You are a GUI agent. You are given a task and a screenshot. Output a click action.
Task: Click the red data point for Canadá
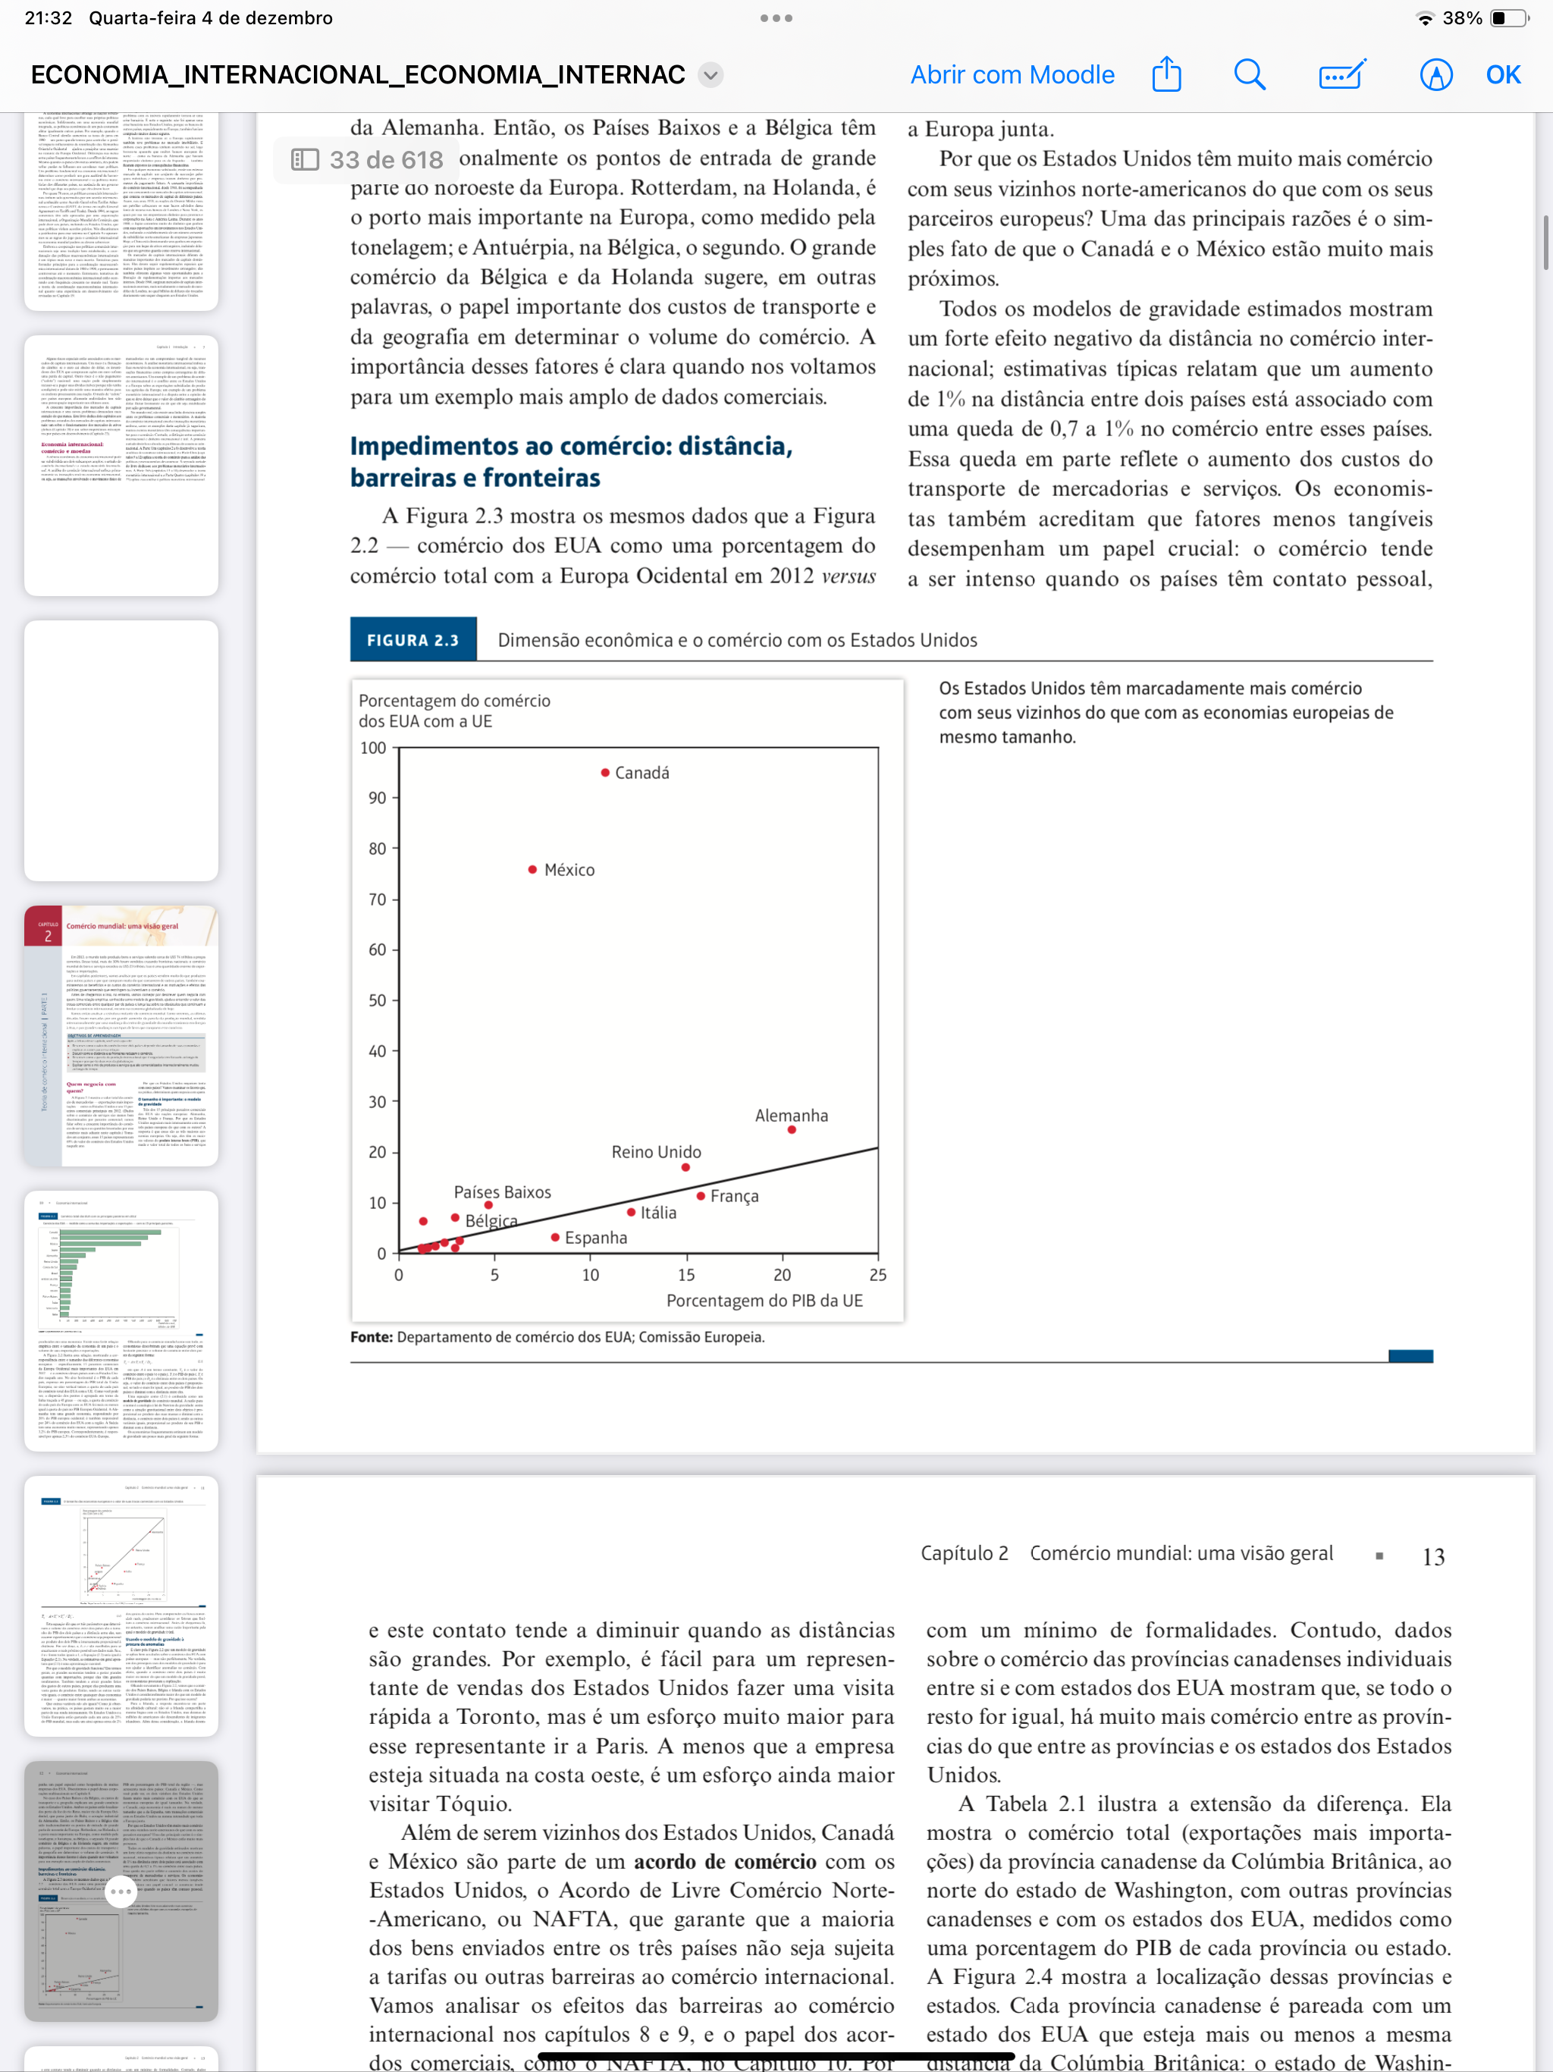pos(605,773)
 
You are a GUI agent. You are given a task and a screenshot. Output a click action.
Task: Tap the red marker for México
pos(532,869)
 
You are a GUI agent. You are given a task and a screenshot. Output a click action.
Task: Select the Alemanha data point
pos(792,1130)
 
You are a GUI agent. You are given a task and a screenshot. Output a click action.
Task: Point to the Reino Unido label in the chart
pos(656,1152)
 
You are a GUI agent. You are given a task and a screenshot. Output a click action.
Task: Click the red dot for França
pos(701,1196)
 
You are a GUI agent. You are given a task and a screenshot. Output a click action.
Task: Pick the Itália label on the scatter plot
pos(658,1213)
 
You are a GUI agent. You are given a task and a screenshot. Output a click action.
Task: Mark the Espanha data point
pos(555,1238)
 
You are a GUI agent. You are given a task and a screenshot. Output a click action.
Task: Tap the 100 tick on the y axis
pos(373,748)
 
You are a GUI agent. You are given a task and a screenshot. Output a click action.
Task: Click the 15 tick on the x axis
pos(686,1275)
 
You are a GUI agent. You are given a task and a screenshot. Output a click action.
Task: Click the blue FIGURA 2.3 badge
pos(413,640)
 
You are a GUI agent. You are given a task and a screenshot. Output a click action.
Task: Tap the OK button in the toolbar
pos(1502,75)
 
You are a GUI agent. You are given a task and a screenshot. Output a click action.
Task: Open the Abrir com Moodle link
pos(1012,75)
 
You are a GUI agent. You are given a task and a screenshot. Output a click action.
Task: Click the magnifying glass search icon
pos(1250,75)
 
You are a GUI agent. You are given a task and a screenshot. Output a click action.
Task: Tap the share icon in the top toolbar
pos(1166,74)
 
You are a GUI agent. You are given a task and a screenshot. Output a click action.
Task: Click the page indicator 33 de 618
pos(385,160)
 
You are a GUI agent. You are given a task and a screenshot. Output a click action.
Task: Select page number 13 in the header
pos(1433,1557)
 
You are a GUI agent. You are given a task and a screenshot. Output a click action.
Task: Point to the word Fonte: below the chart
pos(371,1336)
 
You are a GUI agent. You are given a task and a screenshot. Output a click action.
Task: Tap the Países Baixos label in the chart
pos(502,1192)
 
